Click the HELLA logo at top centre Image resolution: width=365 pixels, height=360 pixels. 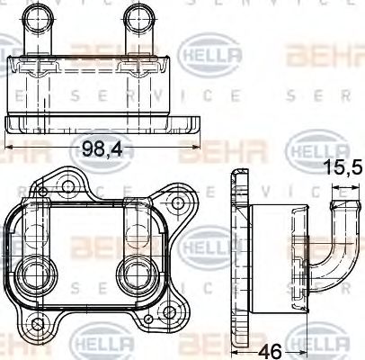[x=212, y=56]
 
